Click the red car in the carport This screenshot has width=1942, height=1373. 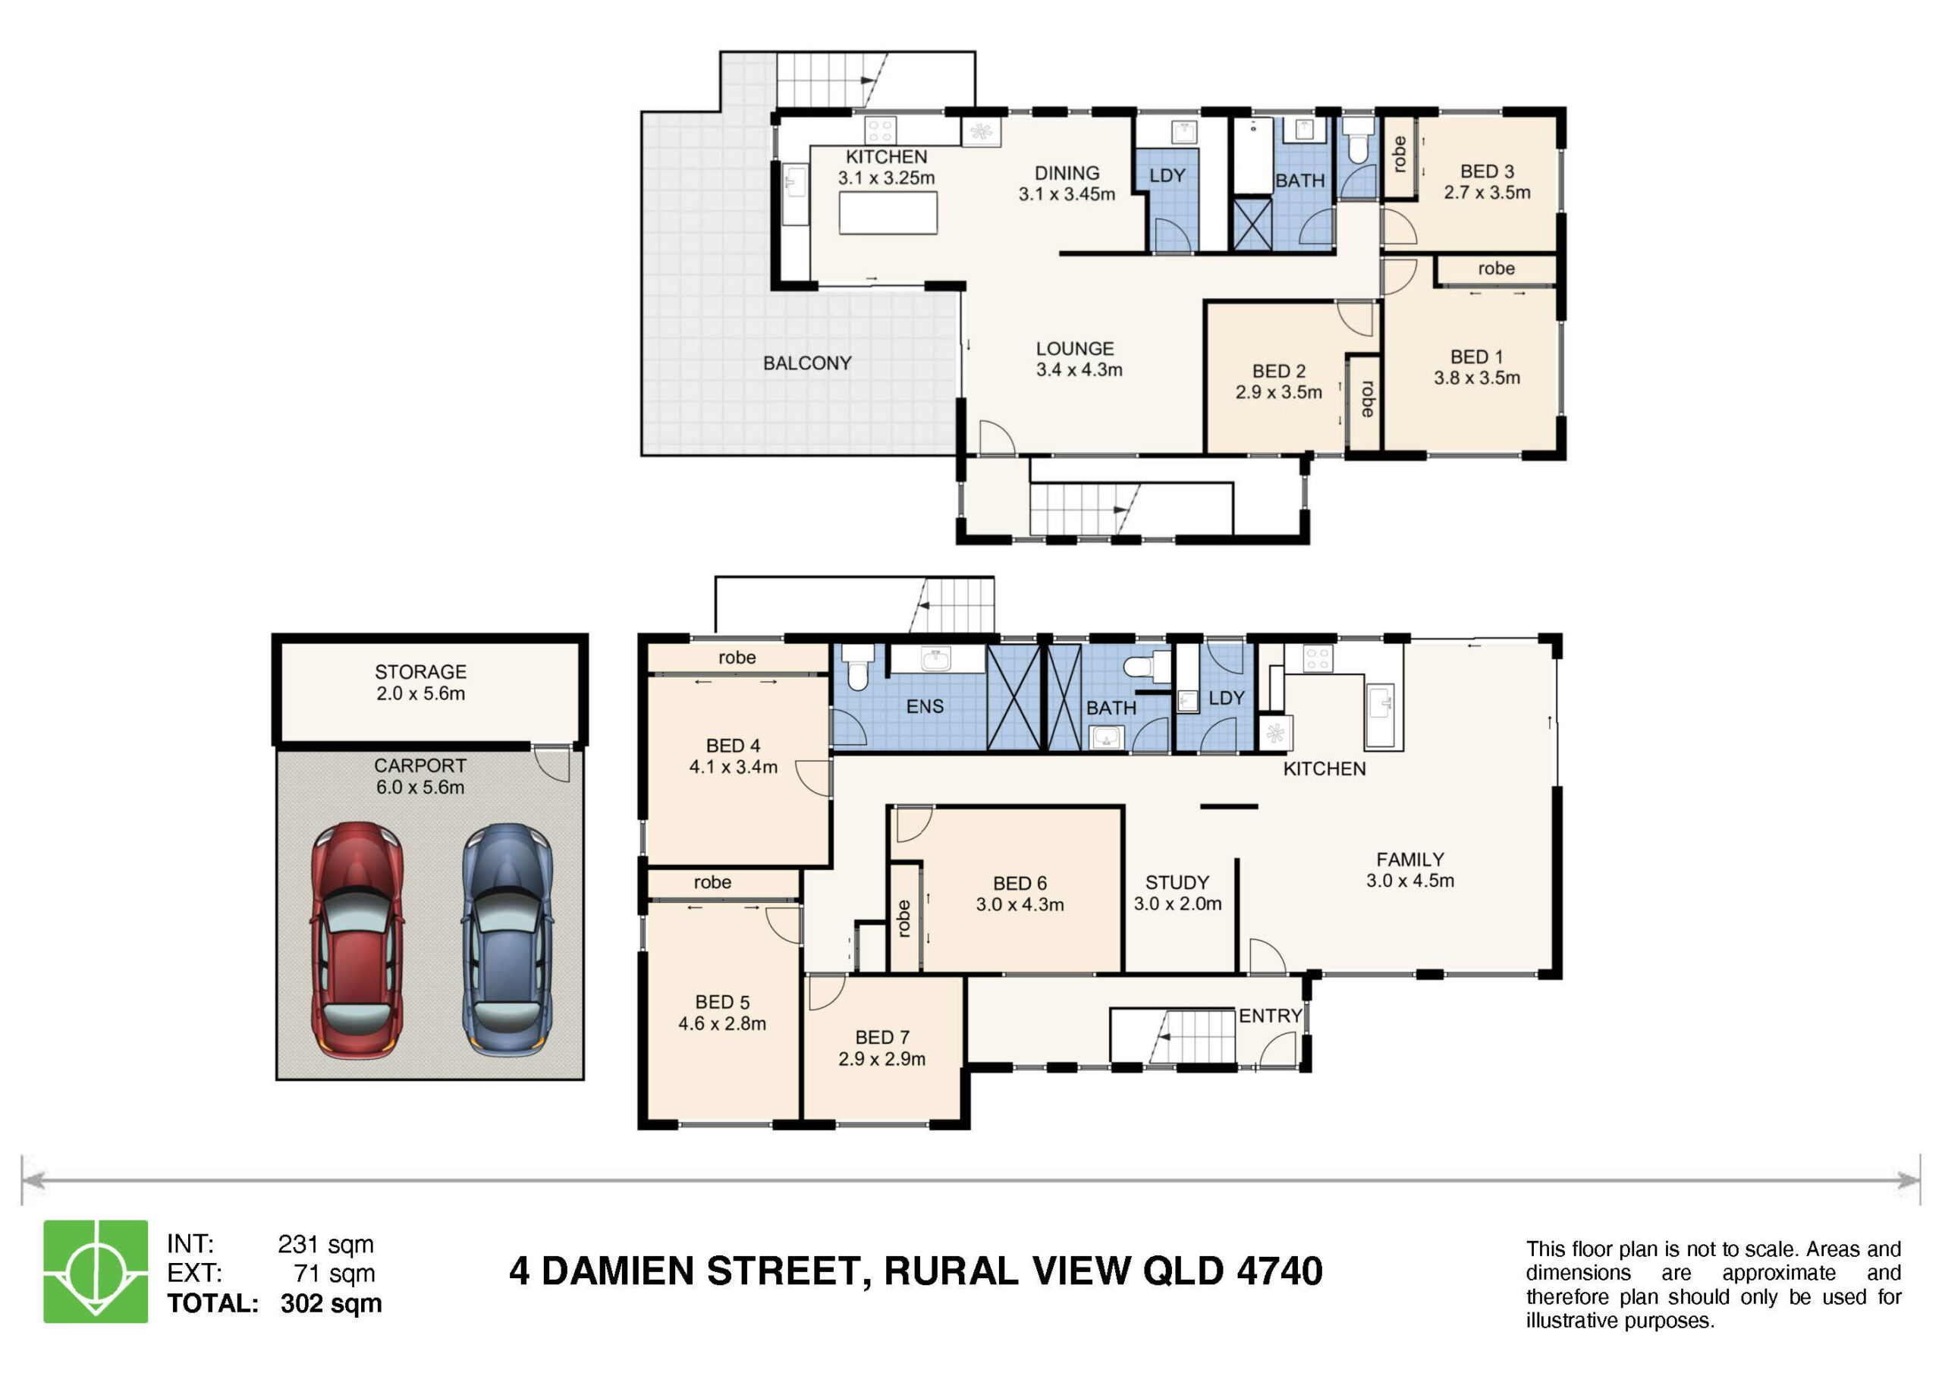click(357, 940)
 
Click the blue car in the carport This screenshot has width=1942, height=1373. click(507, 940)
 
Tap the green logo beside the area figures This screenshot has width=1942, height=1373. click(96, 1271)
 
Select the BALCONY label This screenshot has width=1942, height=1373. click(807, 363)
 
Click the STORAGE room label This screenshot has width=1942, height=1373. click(420, 671)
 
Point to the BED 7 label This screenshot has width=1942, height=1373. click(882, 1037)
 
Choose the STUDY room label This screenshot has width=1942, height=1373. click(1177, 882)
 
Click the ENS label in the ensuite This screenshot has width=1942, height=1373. click(925, 706)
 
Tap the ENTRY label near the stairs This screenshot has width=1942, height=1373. click(1271, 1016)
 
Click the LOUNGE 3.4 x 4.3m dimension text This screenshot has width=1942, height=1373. click(1079, 369)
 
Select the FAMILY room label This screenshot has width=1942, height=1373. click(1410, 859)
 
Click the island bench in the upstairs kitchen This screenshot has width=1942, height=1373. click(888, 212)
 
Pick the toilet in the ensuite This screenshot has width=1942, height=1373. click(859, 667)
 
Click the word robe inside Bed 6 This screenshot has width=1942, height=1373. click(903, 919)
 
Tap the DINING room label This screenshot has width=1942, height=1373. click(1067, 174)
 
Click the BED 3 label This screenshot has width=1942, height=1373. click(1487, 171)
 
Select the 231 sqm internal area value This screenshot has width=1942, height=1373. click(325, 1244)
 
